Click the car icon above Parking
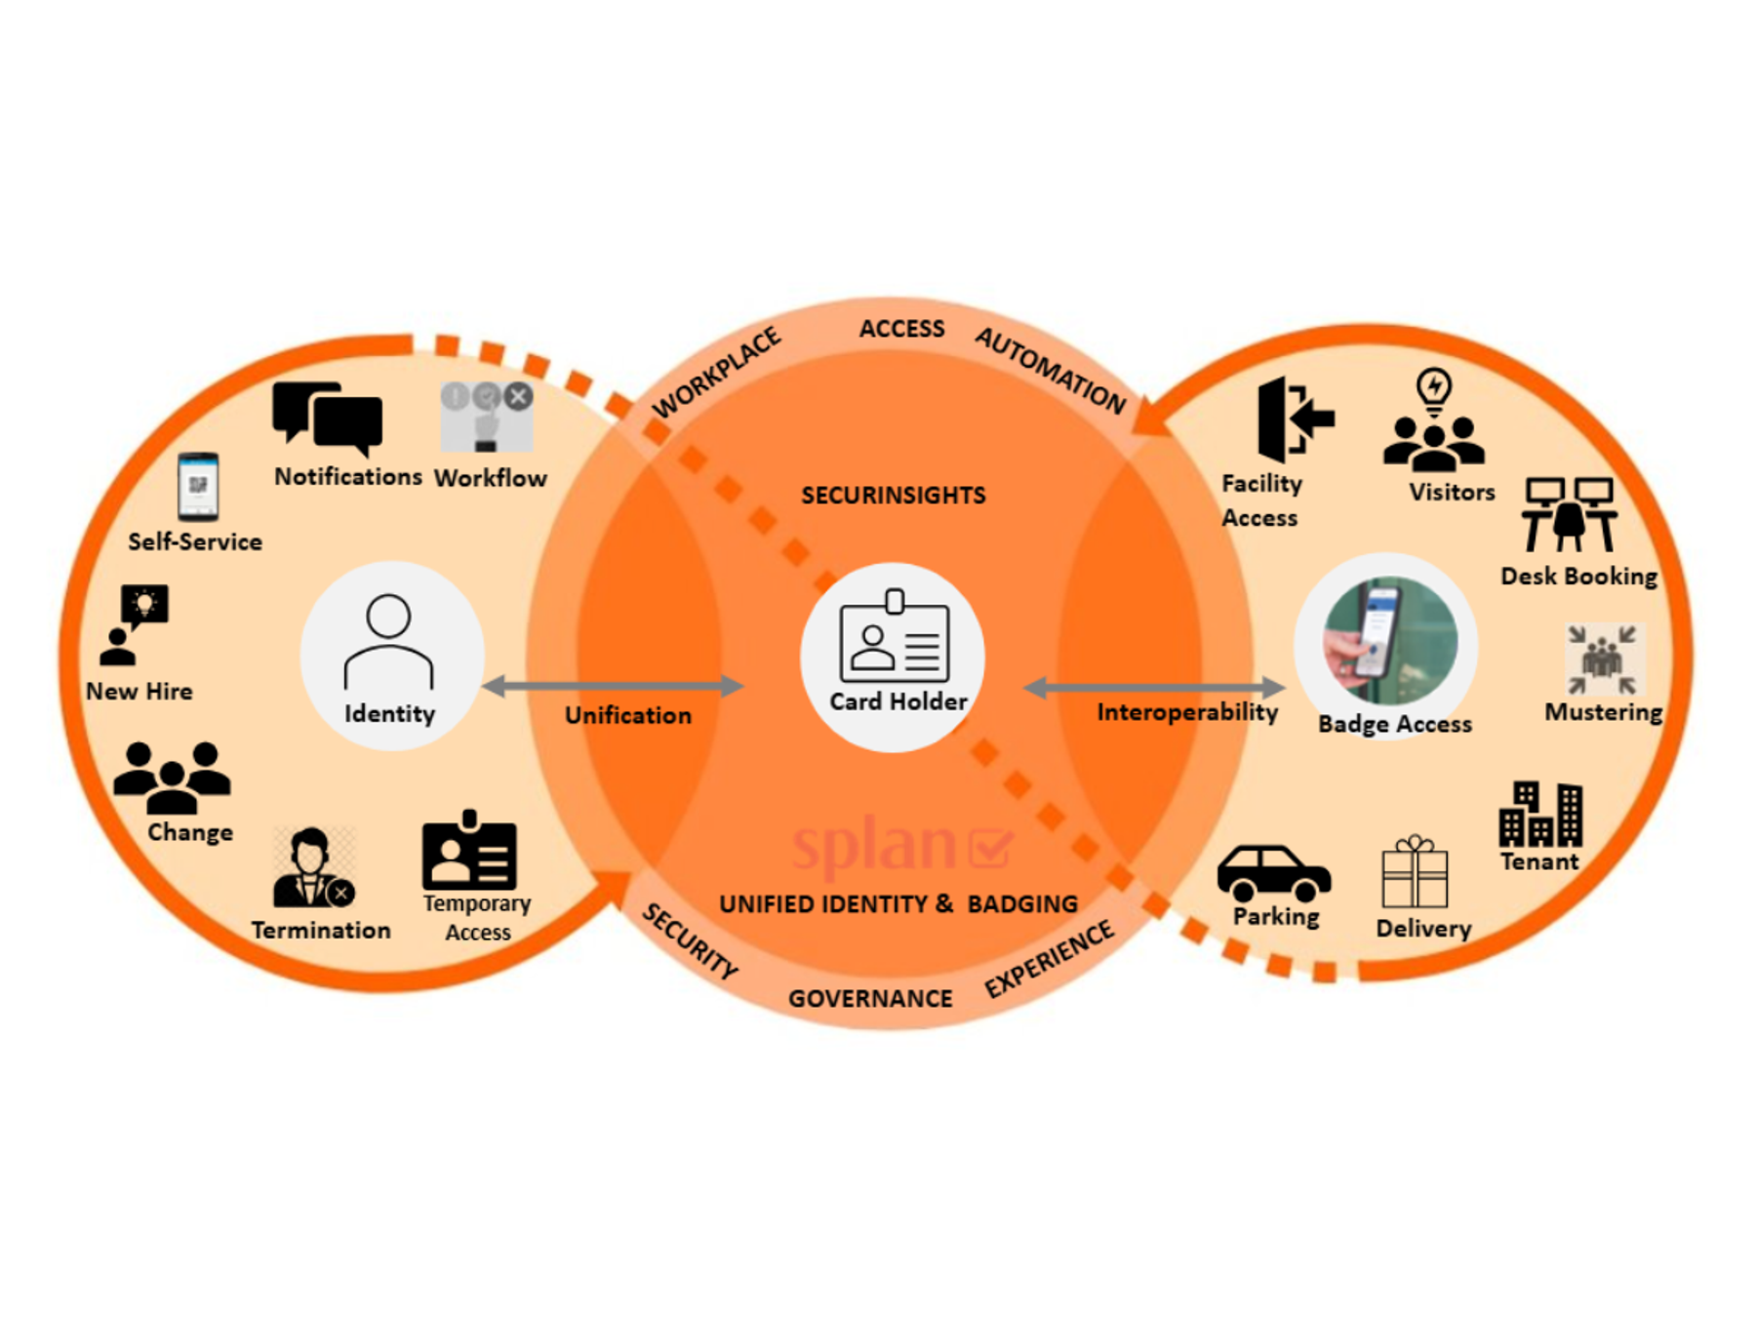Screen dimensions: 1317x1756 1273,872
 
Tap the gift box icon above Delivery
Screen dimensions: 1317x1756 1414,872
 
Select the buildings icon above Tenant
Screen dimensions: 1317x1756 1540,814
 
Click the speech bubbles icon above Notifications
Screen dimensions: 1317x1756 327,418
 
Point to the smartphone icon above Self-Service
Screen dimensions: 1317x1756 198,486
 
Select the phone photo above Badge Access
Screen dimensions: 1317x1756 1389,640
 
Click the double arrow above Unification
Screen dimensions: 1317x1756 613,686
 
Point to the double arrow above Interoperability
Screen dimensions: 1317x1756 1153,688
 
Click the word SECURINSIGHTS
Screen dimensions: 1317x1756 893,496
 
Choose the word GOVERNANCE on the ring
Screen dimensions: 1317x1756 870,998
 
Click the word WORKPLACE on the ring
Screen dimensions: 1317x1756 717,372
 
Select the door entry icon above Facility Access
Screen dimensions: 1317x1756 1294,419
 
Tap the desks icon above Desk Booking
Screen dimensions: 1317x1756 1569,514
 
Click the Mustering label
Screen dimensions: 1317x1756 1603,712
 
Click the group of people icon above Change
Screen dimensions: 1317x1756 172,778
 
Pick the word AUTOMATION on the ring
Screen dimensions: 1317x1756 1051,370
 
